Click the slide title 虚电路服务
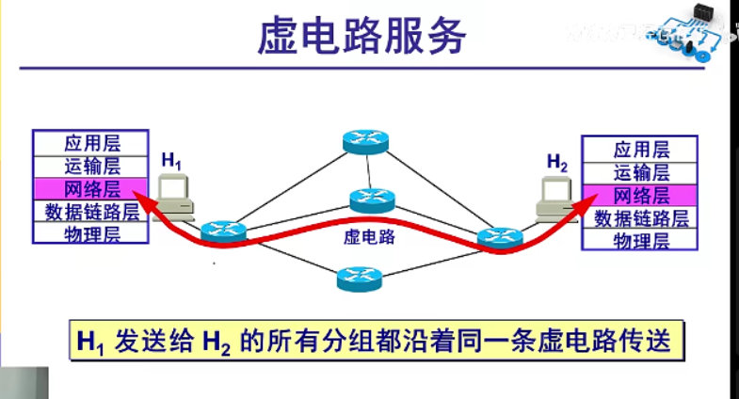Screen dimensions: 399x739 click(x=362, y=38)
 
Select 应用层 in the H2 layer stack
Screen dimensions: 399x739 click(x=641, y=150)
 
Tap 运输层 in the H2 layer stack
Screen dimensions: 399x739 click(x=641, y=172)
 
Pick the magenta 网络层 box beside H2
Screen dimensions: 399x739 click(x=641, y=196)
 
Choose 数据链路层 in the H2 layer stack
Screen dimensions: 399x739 click(x=641, y=218)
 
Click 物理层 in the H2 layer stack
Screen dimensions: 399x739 click(x=641, y=241)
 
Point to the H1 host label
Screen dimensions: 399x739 click(x=170, y=161)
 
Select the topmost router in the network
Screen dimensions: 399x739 click(x=364, y=140)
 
